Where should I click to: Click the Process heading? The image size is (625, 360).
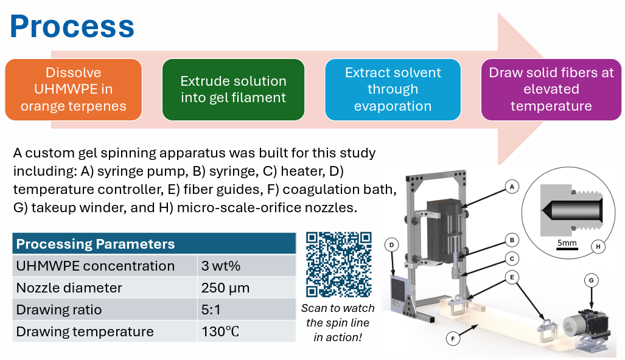[x=72, y=27]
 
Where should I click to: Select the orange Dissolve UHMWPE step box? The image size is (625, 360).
[x=74, y=89]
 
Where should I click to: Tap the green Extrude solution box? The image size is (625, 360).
[x=233, y=89]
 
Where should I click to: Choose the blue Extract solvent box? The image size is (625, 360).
[x=393, y=89]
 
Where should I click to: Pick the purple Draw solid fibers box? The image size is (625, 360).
[x=551, y=89]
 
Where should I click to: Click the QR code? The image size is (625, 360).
[x=339, y=265]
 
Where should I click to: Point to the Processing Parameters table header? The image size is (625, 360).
[x=154, y=244]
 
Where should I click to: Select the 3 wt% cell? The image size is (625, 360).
[x=246, y=266]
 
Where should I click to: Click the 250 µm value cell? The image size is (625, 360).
[x=246, y=288]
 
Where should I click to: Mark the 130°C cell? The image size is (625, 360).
[x=246, y=331]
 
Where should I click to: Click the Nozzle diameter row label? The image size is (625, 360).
[x=69, y=288]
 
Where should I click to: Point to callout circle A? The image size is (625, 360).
[x=512, y=187]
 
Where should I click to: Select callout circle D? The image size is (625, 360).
[x=391, y=245]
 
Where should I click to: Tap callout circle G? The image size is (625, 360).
[x=591, y=280]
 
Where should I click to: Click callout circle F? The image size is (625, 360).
[x=453, y=339]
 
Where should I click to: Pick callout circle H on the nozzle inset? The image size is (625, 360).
[x=598, y=246]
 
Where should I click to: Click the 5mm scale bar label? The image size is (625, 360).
[x=567, y=243]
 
